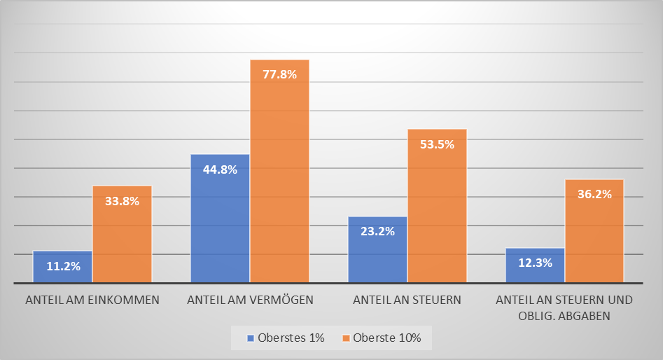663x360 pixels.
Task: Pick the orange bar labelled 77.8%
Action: click(x=279, y=175)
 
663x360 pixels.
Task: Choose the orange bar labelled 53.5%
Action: click(x=437, y=210)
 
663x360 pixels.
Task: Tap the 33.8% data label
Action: click(x=123, y=201)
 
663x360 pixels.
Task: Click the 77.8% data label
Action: click(x=280, y=75)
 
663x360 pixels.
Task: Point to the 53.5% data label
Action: click(x=438, y=144)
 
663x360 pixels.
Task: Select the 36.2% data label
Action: click(x=595, y=194)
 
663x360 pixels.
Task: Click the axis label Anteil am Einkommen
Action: click(x=92, y=300)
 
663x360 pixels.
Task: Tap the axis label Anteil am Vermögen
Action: click(x=250, y=300)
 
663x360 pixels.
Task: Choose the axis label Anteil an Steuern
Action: click(x=407, y=300)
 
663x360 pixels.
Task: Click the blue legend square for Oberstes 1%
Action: click(x=249, y=338)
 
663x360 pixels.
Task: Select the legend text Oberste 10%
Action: click(x=387, y=338)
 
